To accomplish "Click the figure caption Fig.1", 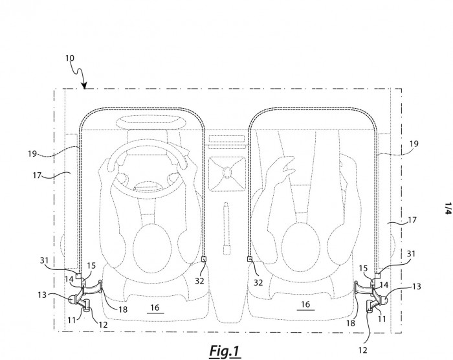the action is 225,351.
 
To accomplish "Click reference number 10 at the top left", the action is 70,58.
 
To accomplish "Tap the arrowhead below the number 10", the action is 84,85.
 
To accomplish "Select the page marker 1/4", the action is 448,208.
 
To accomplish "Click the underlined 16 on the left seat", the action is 155,308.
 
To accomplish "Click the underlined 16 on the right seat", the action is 305,304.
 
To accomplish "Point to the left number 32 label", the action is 199,280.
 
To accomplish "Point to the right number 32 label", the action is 258,282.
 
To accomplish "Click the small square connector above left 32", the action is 204,259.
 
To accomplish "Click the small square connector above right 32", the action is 250,259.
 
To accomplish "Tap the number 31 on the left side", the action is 44,260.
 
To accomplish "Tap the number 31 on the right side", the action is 411,254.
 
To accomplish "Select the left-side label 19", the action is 32,153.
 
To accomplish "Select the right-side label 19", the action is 414,144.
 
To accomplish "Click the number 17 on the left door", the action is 38,175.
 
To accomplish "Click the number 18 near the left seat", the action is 123,309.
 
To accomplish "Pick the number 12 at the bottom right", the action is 363,350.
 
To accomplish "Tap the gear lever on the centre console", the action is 227,229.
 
